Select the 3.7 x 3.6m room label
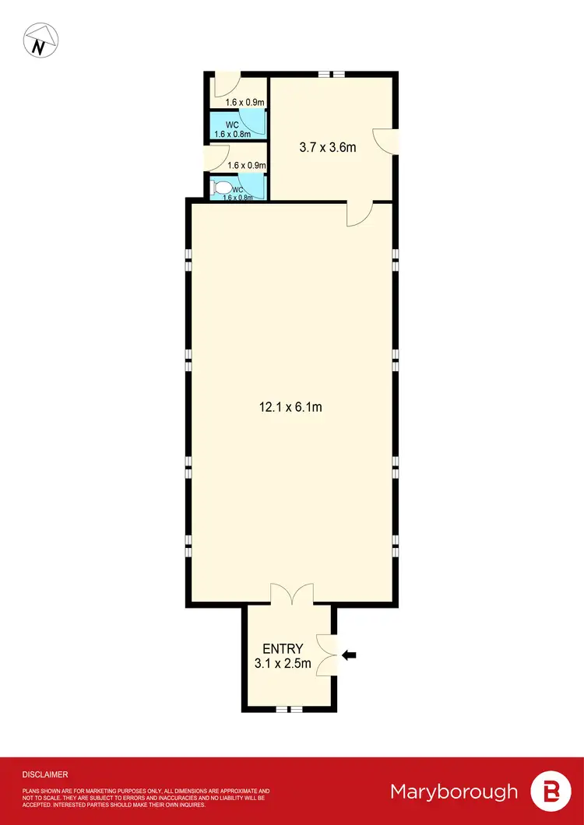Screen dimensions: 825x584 [328, 146]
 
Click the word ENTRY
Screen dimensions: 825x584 [283, 649]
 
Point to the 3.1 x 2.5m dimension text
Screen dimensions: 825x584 [283, 664]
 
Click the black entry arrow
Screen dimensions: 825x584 [350, 655]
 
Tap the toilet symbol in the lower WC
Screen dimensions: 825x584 [221, 188]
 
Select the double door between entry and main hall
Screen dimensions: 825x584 [292, 595]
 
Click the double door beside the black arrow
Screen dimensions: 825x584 [327, 655]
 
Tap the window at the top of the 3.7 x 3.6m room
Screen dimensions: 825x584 [331, 75]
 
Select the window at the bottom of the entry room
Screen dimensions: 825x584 [290, 708]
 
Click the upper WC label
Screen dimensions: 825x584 [232, 125]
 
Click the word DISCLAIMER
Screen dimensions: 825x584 [45, 774]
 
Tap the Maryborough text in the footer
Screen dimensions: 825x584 [454, 792]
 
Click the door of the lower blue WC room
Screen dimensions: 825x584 [255, 187]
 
